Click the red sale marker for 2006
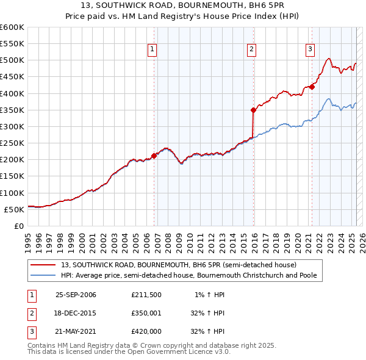coord(154,156)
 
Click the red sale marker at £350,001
coord(253,110)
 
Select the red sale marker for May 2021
coord(312,87)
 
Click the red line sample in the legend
coord(43,265)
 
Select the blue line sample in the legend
coord(43,275)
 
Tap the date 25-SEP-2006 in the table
coord(76,295)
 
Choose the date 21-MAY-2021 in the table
coord(76,333)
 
